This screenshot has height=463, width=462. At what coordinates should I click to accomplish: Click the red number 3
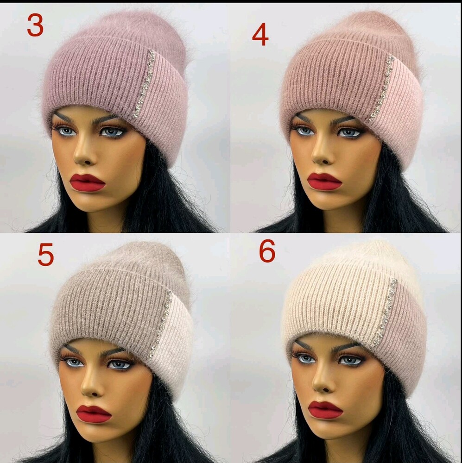point(35,25)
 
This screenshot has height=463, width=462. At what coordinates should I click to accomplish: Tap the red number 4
point(260,34)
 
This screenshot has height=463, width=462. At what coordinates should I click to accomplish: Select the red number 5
point(46,254)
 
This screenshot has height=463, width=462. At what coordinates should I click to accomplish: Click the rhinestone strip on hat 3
point(144,84)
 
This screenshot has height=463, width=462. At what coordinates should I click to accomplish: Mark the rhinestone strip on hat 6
point(386,312)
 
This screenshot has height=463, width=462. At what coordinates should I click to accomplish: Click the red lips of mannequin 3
point(88,182)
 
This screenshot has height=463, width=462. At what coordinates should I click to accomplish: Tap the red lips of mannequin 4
point(325,181)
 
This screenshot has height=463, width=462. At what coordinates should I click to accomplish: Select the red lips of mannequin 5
point(94,413)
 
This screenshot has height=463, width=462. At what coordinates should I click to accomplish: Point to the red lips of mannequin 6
point(325,410)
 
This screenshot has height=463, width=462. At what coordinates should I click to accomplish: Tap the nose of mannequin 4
point(321,154)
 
